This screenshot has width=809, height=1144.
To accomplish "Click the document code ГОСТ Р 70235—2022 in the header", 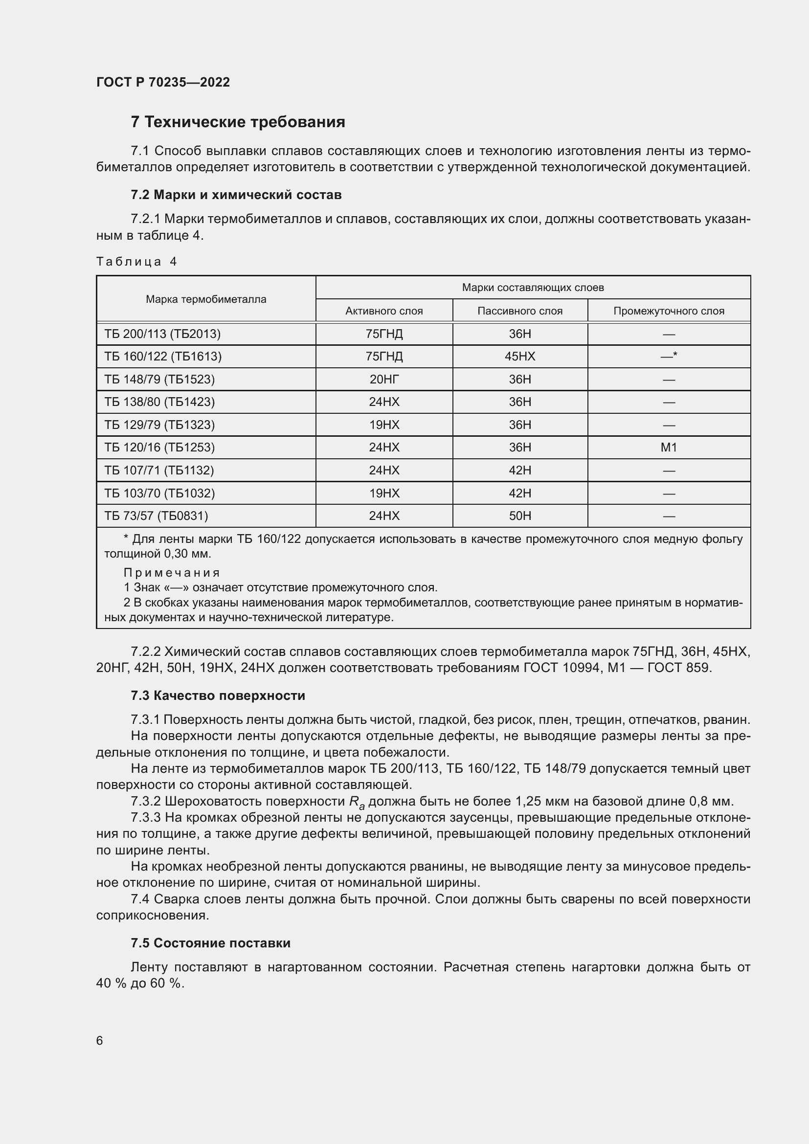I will point(163,82).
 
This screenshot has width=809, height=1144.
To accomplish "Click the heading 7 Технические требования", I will point(238,122).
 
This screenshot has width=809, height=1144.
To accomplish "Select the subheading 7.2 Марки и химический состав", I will point(236,195).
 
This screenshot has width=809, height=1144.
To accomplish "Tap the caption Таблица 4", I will point(136,262).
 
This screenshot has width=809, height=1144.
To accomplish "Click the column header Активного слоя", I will point(383,311).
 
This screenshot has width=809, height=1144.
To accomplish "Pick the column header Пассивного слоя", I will point(519,311).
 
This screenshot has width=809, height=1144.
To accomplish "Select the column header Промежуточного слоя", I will point(669,311).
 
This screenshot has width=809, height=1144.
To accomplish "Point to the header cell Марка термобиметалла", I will point(206,299).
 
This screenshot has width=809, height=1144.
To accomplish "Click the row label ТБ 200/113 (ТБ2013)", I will point(162,334).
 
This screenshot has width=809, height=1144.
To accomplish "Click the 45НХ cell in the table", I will point(519,357).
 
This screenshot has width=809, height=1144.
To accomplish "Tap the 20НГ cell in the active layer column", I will point(383,380).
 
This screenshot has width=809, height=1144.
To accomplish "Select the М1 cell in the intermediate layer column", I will point(669,448).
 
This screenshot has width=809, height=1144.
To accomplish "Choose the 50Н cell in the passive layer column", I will point(519,516).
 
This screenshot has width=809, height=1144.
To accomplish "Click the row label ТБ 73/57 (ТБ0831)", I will point(156,516).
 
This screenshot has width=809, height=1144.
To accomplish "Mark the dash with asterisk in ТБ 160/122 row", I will point(669,356).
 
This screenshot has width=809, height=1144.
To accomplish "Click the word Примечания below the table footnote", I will point(171,573).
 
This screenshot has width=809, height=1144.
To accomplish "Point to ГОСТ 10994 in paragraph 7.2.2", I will point(561,668).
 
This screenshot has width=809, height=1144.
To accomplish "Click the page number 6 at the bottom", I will point(100,1041).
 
